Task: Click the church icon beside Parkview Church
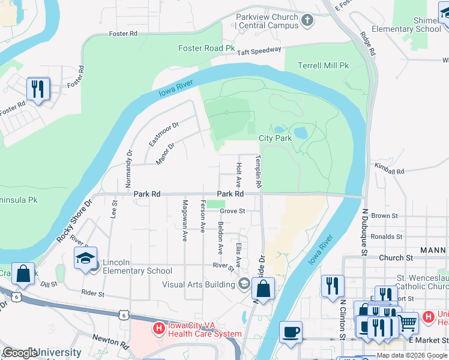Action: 307,22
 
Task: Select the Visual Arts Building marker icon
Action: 244,284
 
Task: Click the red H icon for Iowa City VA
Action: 158,328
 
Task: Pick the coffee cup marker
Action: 291,332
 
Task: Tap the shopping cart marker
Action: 408,323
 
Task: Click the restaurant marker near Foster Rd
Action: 38,89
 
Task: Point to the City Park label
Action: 275,138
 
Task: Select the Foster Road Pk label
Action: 206,48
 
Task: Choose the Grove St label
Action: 232,211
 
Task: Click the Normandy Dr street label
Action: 129,166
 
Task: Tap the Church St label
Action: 394,257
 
